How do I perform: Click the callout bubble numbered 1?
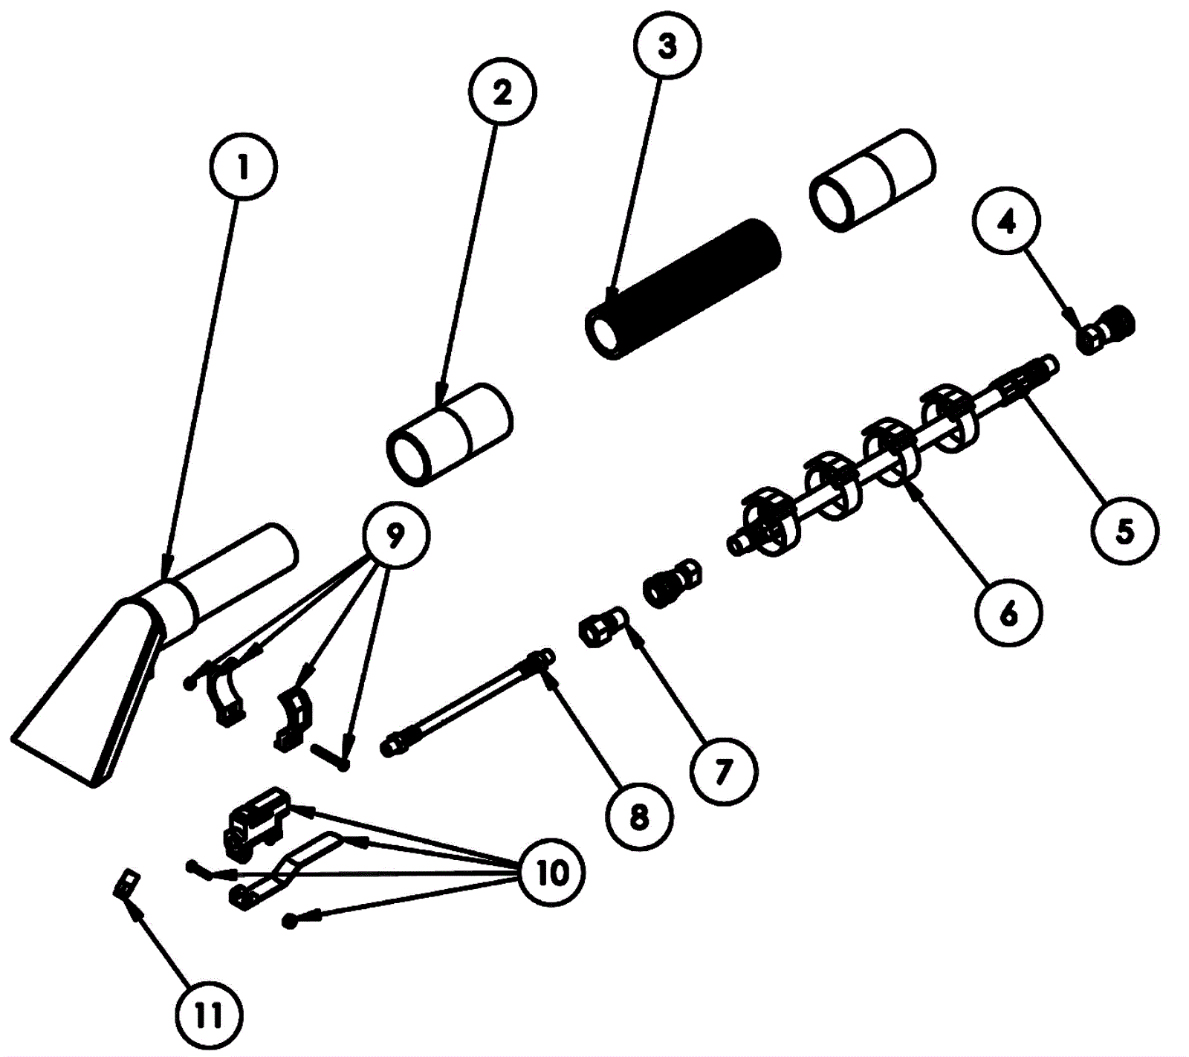click(243, 167)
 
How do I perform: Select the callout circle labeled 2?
click(502, 92)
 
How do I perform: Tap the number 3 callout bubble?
click(667, 45)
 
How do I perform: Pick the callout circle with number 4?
click(1007, 221)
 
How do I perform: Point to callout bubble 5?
click(1125, 530)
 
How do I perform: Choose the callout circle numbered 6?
click(1008, 612)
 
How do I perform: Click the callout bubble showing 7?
click(723, 772)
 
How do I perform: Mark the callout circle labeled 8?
click(639, 816)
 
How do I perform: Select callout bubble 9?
click(395, 534)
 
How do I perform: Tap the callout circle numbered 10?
click(551, 872)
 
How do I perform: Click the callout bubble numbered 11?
click(209, 1015)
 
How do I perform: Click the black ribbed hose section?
click(682, 288)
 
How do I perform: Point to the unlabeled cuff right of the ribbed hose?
click(872, 181)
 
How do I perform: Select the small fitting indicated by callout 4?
click(1106, 329)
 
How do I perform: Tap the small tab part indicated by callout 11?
click(127, 885)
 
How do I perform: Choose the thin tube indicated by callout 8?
click(467, 702)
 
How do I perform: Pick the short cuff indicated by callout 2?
click(449, 435)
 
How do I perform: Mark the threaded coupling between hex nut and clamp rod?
click(672, 583)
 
